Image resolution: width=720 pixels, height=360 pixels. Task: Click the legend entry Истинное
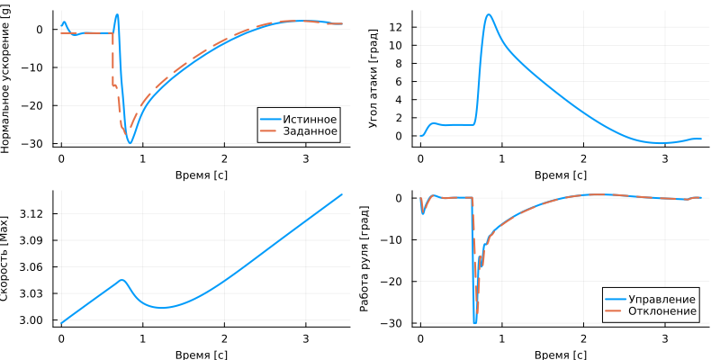tap(310, 119)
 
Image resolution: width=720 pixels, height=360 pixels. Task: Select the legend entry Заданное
tap(310, 131)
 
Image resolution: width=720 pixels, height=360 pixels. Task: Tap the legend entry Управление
tap(661, 299)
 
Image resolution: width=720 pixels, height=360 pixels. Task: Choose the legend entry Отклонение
tap(661, 311)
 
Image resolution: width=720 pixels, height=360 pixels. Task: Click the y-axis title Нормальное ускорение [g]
tap(7, 78)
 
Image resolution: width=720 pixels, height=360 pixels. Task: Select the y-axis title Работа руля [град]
tap(365, 256)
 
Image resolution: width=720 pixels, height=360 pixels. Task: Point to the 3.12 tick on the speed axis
tap(33, 213)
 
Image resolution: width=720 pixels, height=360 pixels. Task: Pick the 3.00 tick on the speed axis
tap(33, 320)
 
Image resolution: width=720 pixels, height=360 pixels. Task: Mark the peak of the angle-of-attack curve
tap(489, 14)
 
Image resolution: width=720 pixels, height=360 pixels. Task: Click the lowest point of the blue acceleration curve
tap(130, 142)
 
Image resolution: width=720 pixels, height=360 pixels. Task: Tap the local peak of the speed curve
tap(122, 280)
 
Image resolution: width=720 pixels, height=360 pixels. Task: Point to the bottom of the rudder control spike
tap(475, 322)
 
